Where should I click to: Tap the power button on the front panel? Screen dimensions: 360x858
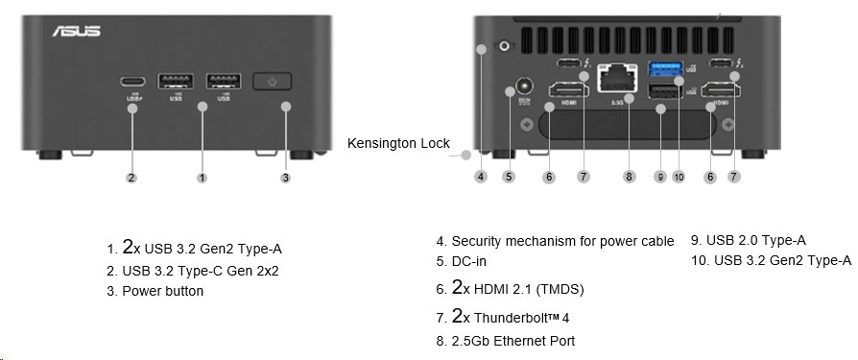coord(274,81)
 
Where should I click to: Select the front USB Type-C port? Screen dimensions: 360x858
coord(131,80)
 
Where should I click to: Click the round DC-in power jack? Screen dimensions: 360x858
coord(524,85)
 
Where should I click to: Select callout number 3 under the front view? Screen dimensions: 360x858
coord(285,177)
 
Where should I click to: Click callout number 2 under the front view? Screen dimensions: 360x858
coord(131,177)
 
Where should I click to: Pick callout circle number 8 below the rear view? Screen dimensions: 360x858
coord(629,177)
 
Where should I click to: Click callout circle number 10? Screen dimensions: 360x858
coord(679,177)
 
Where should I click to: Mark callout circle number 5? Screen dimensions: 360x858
coord(509,177)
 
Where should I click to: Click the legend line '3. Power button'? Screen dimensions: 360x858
coord(155,291)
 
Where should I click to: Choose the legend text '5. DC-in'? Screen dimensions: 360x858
coord(469,260)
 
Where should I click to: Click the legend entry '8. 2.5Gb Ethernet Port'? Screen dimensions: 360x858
coord(506,340)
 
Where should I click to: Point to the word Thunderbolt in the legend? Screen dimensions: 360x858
coord(518,316)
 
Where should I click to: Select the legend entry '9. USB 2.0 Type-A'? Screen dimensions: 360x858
coord(748,241)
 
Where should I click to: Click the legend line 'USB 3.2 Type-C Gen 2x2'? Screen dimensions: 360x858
coord(192,271)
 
